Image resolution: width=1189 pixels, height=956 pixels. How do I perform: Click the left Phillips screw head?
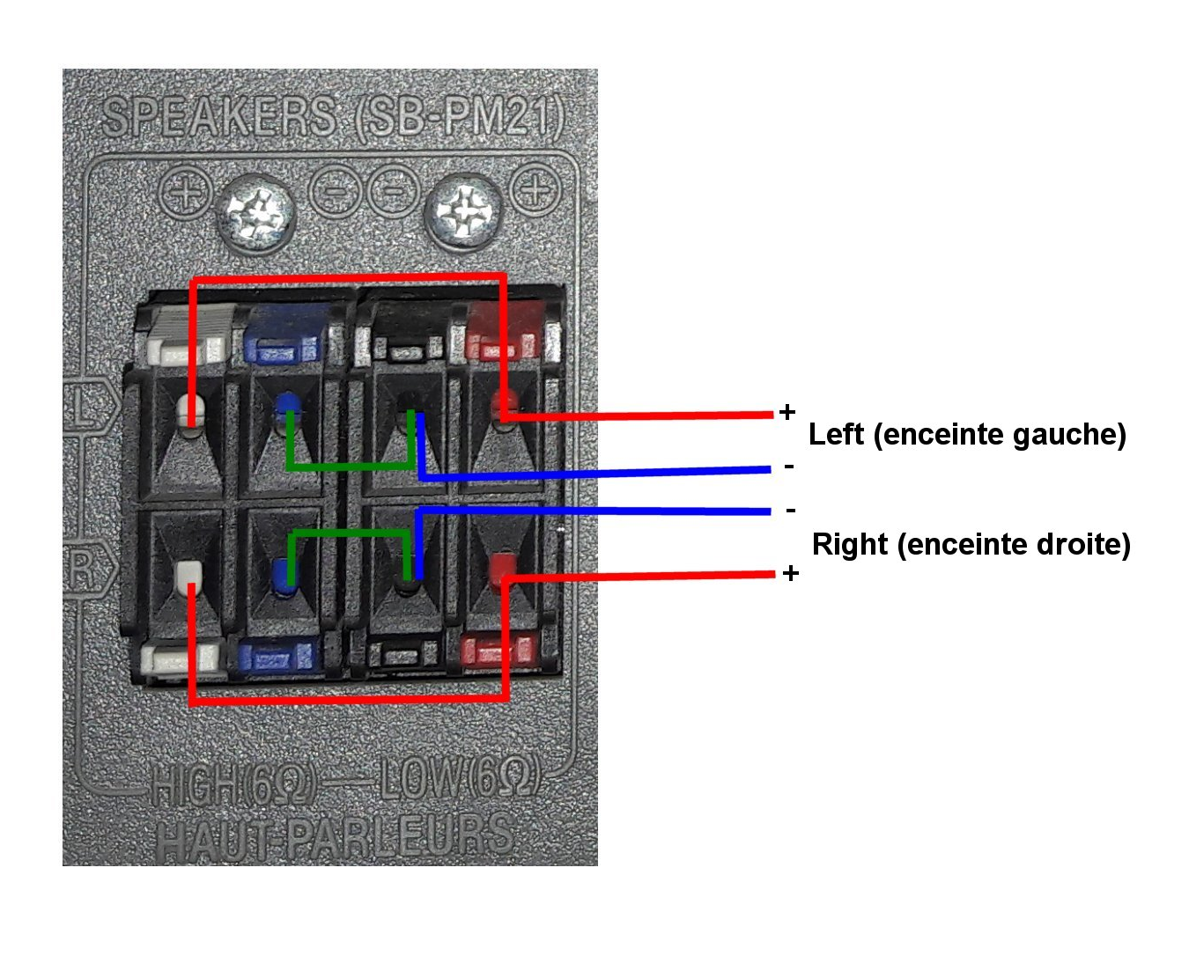[255, 213]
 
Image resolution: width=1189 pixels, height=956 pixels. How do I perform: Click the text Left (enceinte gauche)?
[967, 435]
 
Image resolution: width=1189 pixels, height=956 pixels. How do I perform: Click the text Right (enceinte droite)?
[971, 545]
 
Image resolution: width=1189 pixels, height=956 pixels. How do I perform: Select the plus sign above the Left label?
[787, 412]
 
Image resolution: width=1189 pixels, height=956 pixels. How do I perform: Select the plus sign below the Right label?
[791, 573]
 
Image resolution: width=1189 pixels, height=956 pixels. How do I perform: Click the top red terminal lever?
[503, 331]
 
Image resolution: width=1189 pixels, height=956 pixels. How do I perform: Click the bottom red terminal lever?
[498, 650]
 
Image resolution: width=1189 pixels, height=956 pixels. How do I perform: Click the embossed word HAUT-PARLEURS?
[336, 835]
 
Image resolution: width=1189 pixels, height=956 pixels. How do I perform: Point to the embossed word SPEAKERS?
[219, 117]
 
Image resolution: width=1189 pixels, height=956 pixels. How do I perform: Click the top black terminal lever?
[407, 335]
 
